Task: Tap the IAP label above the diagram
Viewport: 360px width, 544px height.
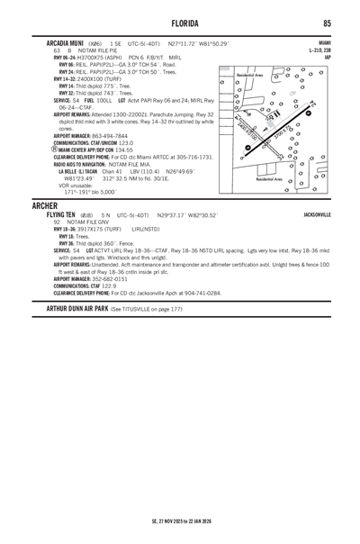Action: pos(327,57)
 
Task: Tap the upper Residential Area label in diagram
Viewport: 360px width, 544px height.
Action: pos(250,76)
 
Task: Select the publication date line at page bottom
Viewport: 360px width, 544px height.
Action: pos(180,521)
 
